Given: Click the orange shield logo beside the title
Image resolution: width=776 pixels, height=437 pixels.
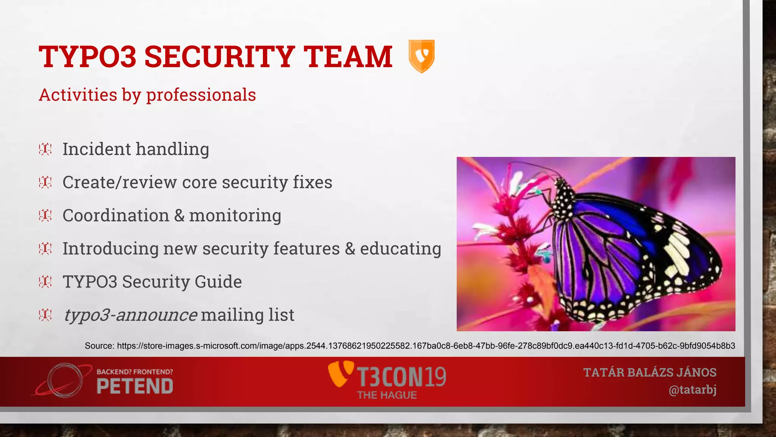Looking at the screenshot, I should [421, 56].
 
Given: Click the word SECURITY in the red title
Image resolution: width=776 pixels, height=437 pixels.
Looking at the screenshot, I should [219, 57].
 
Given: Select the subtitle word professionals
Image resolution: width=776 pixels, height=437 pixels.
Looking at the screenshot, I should [201, 95].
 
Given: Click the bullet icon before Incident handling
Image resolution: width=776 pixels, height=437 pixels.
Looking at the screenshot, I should [45, 149].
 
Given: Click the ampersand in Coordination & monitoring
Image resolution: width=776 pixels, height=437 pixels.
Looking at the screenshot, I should [179, 215].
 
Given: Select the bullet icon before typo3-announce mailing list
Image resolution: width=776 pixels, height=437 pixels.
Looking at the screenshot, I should [45, 314].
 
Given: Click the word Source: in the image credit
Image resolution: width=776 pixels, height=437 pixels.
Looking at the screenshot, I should [99, 346].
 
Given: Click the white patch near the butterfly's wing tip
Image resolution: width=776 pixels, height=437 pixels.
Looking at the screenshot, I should [678, 250].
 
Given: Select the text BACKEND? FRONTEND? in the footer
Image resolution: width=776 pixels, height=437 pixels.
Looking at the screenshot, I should [135, 372].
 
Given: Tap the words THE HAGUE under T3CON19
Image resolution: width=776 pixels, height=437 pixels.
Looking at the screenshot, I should [386, 395].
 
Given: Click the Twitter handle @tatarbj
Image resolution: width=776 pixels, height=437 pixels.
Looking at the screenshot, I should [692, 390].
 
